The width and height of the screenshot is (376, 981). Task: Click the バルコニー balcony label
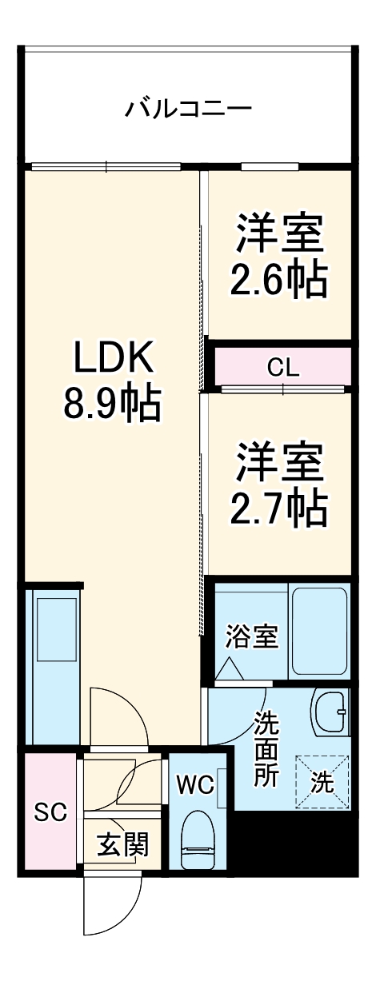pyautogui.click(x=188, y=107)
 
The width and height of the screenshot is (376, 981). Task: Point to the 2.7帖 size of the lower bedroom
pyautogui.click(x=278, y=505)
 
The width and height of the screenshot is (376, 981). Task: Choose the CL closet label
pyautogui.click(x=283, y=369)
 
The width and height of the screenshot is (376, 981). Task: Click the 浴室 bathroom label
pyautogui.click(x=251, y=637)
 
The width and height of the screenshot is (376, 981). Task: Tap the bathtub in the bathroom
pyautogui.click(x=318, y=632)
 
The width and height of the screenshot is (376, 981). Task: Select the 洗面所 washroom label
pyautogui.click(x=266, y=748)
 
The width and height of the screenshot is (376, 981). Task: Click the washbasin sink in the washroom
pyautogui.click(x=330, y=711)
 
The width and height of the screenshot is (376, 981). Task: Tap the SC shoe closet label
pyautogui.click(x=50, y=812)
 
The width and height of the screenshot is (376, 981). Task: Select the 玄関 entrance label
pyautogui.click(x=122, y=844)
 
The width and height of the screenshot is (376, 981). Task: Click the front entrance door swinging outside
pyautogui.click(x=112, y=907)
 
